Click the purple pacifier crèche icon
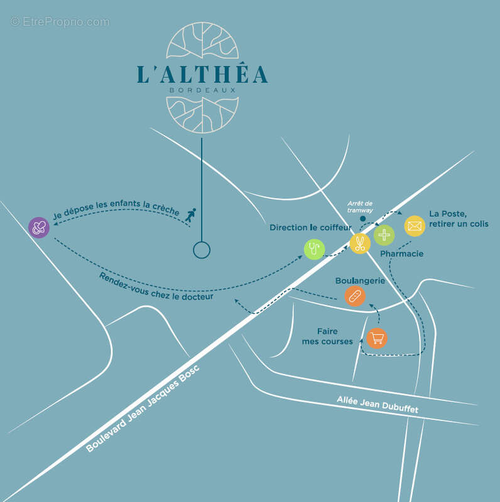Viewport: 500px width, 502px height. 39,227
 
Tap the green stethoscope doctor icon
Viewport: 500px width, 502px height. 314,249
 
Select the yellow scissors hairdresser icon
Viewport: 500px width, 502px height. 360,243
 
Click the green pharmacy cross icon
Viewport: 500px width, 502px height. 384,235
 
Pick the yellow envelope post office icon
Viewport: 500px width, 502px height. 415,226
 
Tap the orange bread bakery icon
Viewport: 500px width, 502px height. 355,296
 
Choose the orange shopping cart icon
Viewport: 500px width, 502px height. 377,338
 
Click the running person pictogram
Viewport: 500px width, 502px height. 190,216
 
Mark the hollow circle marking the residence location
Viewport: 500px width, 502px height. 201,250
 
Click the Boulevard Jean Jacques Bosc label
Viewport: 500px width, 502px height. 143,408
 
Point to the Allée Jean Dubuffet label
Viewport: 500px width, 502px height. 377,404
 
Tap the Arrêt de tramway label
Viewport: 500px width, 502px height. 361,206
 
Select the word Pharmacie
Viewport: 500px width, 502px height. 402,254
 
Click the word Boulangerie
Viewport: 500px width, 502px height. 360,280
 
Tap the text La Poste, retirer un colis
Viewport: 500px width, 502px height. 459,218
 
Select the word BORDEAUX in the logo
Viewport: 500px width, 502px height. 202,90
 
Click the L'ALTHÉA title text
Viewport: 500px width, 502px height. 202,74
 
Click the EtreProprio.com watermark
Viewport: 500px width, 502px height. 60,22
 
